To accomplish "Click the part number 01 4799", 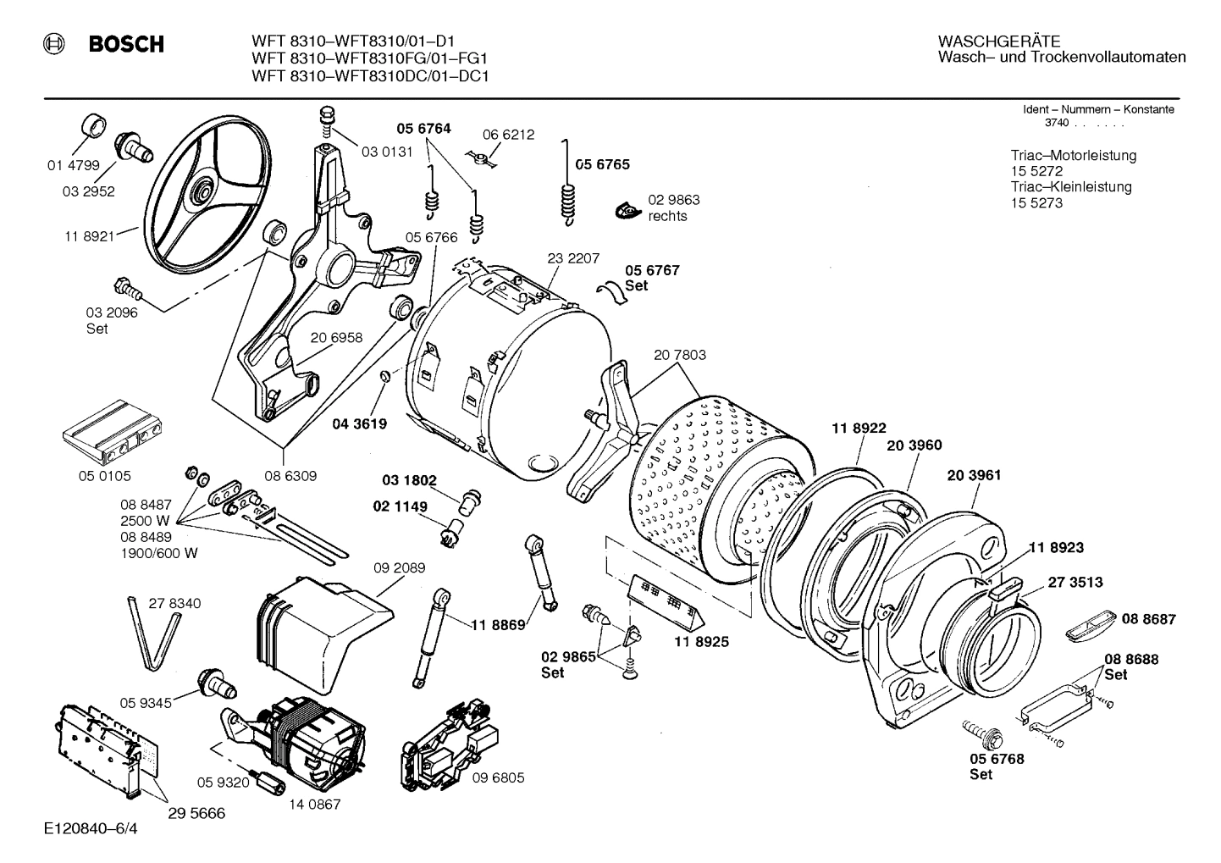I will click(73, 166).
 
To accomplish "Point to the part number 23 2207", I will click(573, 257).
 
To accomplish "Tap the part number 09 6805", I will click(498, 777).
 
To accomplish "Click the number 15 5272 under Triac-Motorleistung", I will click(1036, 171).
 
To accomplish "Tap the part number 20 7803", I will click(679, 355).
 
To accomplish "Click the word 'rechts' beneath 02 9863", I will click(667, 216).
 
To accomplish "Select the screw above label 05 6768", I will click(981, 731).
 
